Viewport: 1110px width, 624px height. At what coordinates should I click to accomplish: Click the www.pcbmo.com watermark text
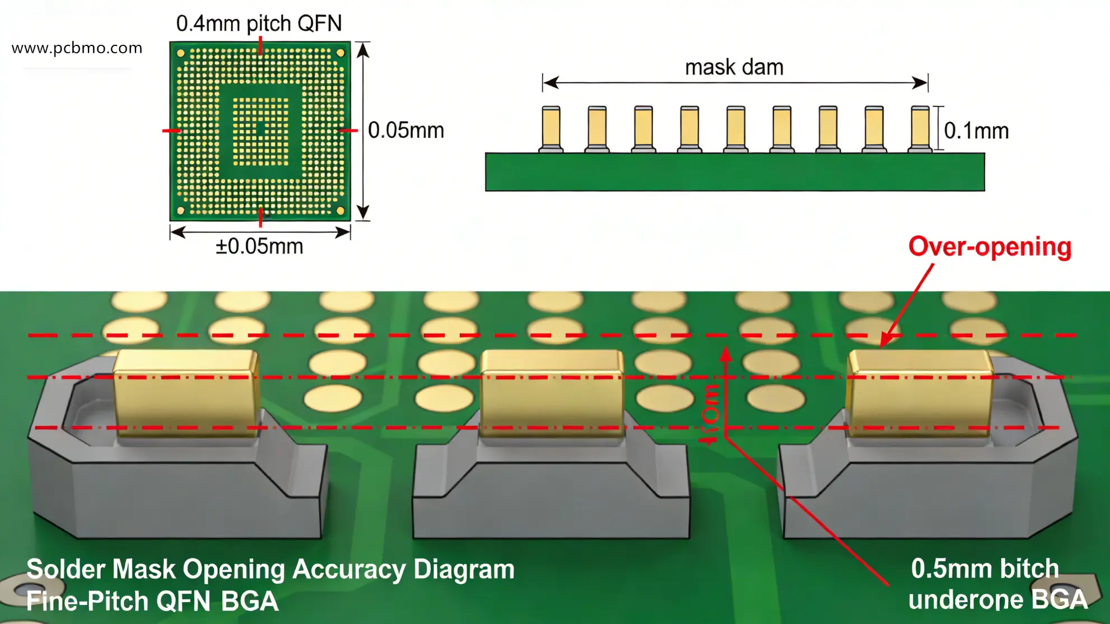click(77, 48)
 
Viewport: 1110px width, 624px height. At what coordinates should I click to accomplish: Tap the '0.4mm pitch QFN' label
click(259, 24)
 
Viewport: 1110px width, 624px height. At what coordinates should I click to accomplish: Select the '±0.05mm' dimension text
click(259, 246)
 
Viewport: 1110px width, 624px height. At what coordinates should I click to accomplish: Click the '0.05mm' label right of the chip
click(406, 130)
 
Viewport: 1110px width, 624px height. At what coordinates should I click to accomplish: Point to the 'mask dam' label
click(734, 67)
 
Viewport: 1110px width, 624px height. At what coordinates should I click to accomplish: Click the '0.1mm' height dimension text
click(976, 131)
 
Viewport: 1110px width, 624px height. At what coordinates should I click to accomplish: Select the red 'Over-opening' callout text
click(990, 247)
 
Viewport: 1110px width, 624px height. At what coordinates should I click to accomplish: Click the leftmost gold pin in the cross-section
click(551, 128)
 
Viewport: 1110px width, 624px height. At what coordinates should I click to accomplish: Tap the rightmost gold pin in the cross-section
click(920, 128)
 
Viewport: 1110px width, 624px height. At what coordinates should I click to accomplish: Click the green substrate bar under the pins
click(734, 172)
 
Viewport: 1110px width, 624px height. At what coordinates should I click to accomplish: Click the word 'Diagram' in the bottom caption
click(464, 570)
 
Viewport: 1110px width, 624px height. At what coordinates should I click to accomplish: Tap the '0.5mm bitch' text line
click(985, 569)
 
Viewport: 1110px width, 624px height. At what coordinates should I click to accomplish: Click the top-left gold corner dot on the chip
click(181, 53)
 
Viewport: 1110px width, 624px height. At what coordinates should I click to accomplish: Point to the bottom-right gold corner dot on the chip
click(341, 210)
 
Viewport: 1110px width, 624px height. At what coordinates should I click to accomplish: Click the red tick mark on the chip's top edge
click(260, 45)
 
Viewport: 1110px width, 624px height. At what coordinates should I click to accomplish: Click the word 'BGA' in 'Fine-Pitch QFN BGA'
click(249, 602)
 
